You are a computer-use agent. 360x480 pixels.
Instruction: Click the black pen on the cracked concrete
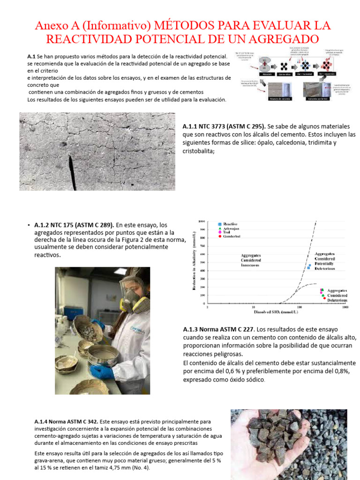click(x=71, y=172)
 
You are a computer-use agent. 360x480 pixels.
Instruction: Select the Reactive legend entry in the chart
click(x=230, y=225)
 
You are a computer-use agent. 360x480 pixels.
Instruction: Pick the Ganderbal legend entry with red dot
click(x=232, y=236)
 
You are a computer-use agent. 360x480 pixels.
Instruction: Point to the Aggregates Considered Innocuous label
click(x=251, y=260)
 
